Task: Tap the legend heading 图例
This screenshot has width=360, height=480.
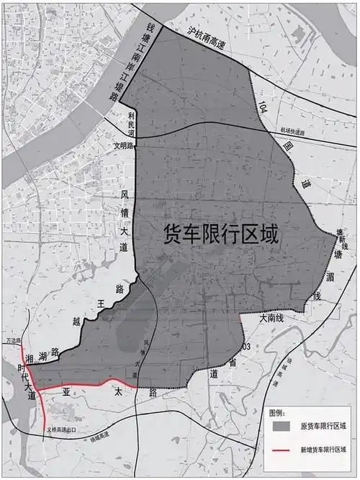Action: pyautogui.click(x=277, y=412)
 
